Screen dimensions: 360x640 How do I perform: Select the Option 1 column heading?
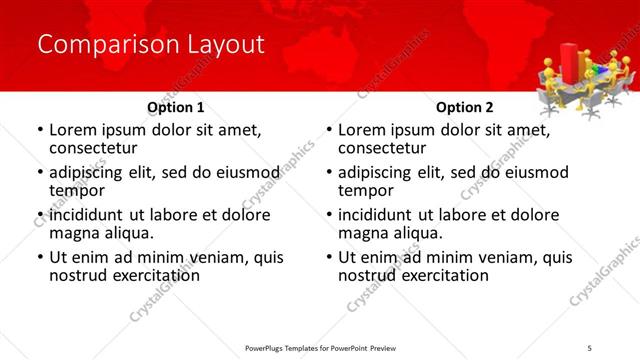point(176,107)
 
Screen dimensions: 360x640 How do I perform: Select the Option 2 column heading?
point(465,107)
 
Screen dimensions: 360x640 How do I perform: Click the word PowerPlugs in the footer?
point(269,347)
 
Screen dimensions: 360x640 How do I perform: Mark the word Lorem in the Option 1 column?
point(75,130)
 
